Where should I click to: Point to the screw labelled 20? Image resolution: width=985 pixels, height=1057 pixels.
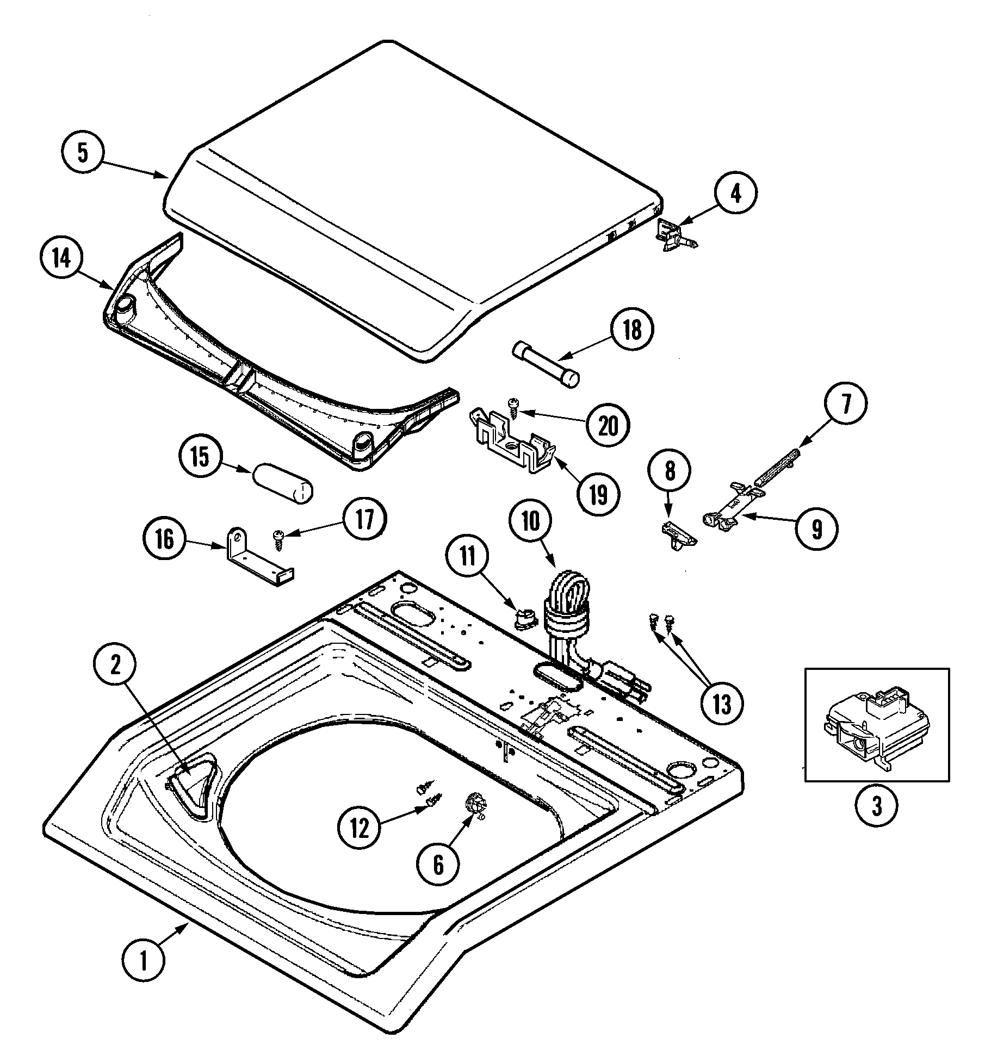[x=513, y=420]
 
